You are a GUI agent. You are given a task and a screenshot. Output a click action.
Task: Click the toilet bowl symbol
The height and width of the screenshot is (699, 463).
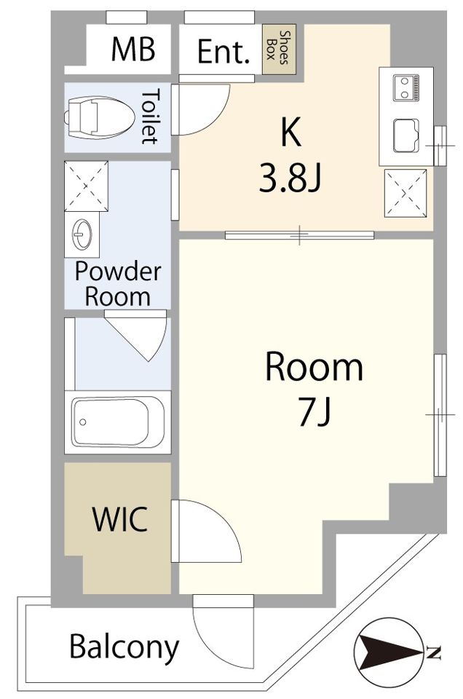point(100,117)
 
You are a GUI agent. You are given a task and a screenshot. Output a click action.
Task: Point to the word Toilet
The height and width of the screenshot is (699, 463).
point(150,116)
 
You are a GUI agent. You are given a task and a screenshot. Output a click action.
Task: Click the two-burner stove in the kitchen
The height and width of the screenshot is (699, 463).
point(406,88)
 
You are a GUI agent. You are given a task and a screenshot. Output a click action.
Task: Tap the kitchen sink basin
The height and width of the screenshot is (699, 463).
point(405,136)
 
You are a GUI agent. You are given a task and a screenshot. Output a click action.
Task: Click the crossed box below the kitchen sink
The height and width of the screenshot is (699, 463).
point(405,193)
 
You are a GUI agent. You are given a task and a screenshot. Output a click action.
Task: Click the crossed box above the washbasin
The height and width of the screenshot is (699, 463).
point(87,186)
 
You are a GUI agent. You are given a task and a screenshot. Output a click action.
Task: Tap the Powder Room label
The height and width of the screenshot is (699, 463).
point(118,284)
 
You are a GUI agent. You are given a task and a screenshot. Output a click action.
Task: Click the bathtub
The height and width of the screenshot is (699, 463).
point(118,422)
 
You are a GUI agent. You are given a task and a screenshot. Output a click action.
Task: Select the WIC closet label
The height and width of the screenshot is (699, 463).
point(120,519)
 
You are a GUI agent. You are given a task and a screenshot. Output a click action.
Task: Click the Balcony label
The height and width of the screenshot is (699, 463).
point(124,647)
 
